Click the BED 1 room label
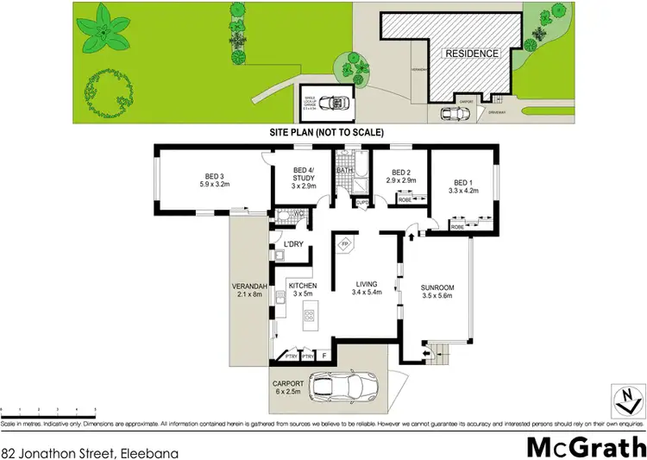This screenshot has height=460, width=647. (462, 181)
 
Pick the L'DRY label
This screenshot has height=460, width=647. (293, 245)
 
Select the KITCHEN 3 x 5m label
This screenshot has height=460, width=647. (303, 290)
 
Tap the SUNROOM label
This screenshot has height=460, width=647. (437, 291)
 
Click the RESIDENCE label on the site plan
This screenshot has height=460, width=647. (471, 54)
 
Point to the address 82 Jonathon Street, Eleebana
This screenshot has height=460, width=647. (71, 451)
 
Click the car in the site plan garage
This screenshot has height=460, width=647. (329, 104)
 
